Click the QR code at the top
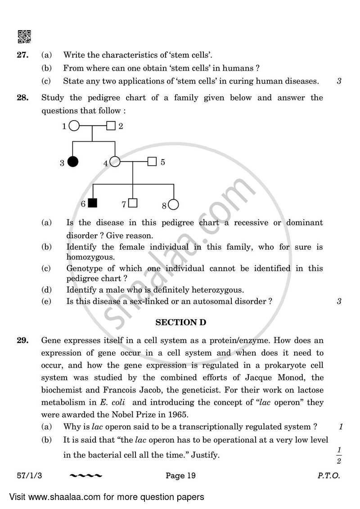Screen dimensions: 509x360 click(x=24, y=36)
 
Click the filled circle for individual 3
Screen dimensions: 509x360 click(x=72, y=161)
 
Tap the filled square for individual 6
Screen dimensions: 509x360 click(x=93, y=203)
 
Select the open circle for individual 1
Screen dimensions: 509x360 click(x=74, y=126)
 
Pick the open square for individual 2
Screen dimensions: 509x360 click(x=111, y=126)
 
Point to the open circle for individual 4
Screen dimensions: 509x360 click(x=115, y=161)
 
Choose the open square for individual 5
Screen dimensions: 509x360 click(x=152, y=161)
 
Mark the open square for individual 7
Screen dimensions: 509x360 click(x=132, y=203)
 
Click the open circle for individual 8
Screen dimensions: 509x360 click(x=173, y=205)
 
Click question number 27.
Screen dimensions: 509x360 click(x=23, y=55)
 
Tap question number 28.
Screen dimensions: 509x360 click(x=23, y=98)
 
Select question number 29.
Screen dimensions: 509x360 click(x=23, y=341)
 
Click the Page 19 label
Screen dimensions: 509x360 click(x=180, y=476)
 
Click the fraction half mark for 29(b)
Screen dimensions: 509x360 click(x=338, y=455)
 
